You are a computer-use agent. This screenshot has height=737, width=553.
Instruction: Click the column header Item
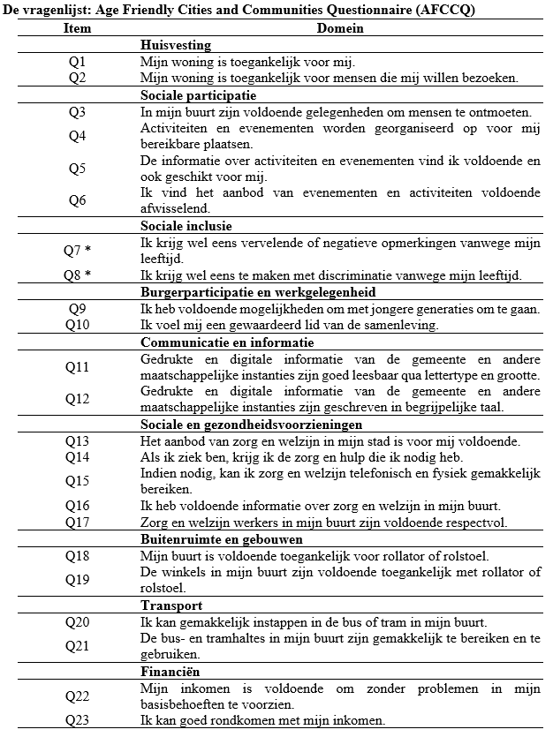point(77,28)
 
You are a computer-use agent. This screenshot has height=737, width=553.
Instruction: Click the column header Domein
point(341,28)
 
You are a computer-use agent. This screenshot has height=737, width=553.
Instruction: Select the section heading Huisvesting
point(176,45)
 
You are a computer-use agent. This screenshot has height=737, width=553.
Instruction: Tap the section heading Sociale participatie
point(199,95)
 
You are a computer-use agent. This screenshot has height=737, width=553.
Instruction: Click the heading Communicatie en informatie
point(227,342)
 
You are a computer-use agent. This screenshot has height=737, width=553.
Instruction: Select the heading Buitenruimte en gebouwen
point(222,538)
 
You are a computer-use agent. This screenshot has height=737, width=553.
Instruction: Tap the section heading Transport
point(170,605)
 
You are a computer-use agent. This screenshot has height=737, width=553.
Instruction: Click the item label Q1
point(77,62)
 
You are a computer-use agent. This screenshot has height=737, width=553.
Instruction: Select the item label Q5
point(77,169)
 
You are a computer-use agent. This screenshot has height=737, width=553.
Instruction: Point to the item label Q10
point(77,326)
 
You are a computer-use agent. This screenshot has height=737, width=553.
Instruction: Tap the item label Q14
point(77,457)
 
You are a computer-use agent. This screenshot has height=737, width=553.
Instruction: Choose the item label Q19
point(77,580)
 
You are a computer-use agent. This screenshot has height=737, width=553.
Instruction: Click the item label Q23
point(77,721)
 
